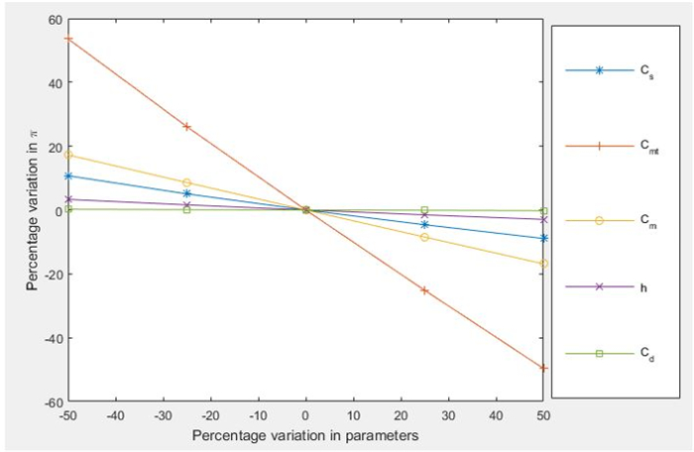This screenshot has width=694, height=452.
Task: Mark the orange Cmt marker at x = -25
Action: [x=186, y=127]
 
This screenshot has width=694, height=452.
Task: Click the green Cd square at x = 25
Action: [x=424, y=210]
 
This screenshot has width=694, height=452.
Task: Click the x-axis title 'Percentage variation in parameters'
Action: [x=305, y=434]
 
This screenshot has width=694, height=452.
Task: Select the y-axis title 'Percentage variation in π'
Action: [x=33, y=210]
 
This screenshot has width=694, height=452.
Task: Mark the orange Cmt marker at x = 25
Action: [x=424, y=290]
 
